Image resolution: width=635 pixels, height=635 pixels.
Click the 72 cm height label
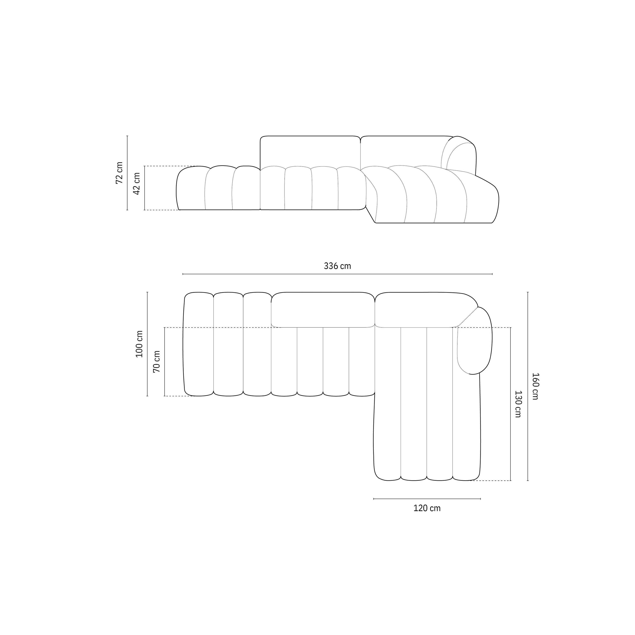click(119, 173)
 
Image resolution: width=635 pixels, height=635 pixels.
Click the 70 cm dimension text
click(157, 362)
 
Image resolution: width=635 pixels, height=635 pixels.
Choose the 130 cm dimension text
click(518, 404)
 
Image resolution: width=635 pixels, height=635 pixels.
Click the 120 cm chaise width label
click(427, 508)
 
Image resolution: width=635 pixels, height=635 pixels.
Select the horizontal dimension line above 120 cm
click(427, 499)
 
